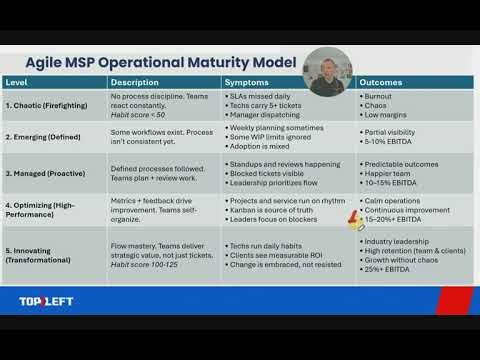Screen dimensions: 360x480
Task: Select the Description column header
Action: (134, 82)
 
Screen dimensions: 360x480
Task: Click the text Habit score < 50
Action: (139, 115)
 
